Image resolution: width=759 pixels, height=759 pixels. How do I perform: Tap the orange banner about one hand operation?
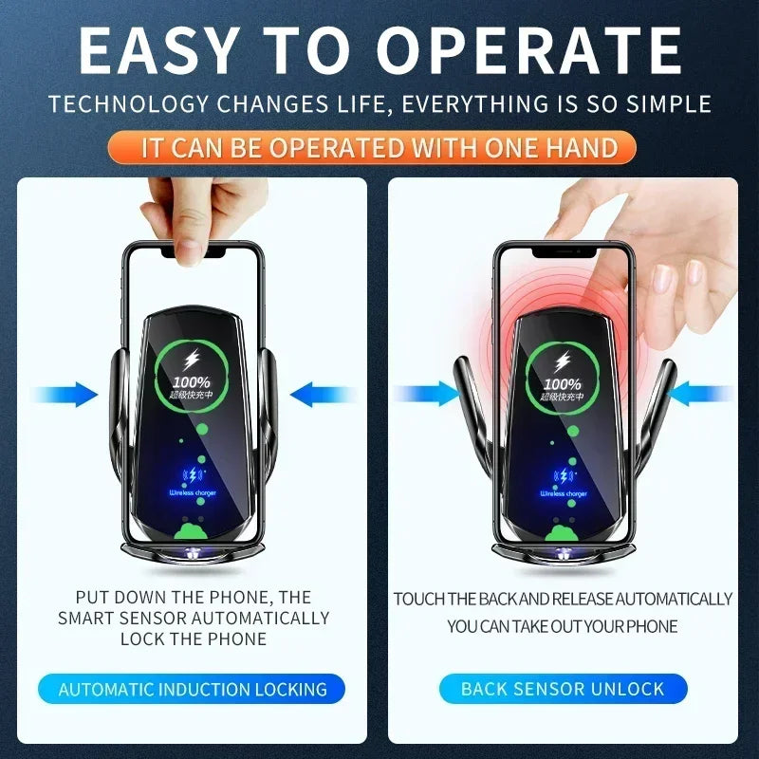tap(379, 148)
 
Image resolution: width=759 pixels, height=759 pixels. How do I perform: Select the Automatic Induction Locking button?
tap(193, 690)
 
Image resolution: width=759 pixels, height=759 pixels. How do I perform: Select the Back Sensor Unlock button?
tap(563, 690)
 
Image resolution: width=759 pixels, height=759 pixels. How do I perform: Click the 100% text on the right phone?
tap(564, 384)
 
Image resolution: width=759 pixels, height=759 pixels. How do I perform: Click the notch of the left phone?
tap(195, 252)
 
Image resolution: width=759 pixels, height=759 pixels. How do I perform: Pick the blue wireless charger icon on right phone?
tap(565, 475)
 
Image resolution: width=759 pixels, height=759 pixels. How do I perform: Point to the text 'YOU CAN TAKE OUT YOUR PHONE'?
tap(563, 626)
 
